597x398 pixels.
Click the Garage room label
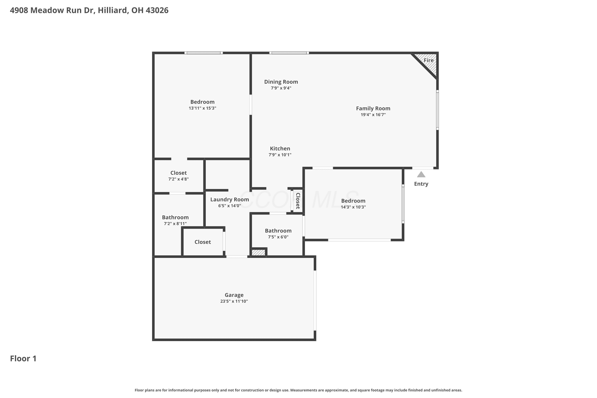point(234,295)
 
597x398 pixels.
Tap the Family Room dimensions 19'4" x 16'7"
point(373,115)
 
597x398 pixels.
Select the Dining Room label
point(281,82)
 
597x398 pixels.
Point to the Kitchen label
point(280,148)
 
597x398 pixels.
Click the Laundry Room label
point(229,200)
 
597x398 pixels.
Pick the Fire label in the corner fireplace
point(429,60)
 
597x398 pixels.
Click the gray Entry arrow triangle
point(421,174)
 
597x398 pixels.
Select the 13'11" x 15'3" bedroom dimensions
point(202,108)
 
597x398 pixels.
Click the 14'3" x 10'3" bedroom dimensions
point(353,207)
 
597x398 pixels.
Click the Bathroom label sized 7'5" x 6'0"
point(278,231)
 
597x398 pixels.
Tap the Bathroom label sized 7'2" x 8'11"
point(175,217)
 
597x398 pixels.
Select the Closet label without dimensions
point(203,242)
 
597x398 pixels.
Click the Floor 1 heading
point(23,358)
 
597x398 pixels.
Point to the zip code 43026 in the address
point(157,10)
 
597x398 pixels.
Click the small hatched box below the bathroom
point(258,253)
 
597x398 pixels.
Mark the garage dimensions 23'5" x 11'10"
point(234,301)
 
